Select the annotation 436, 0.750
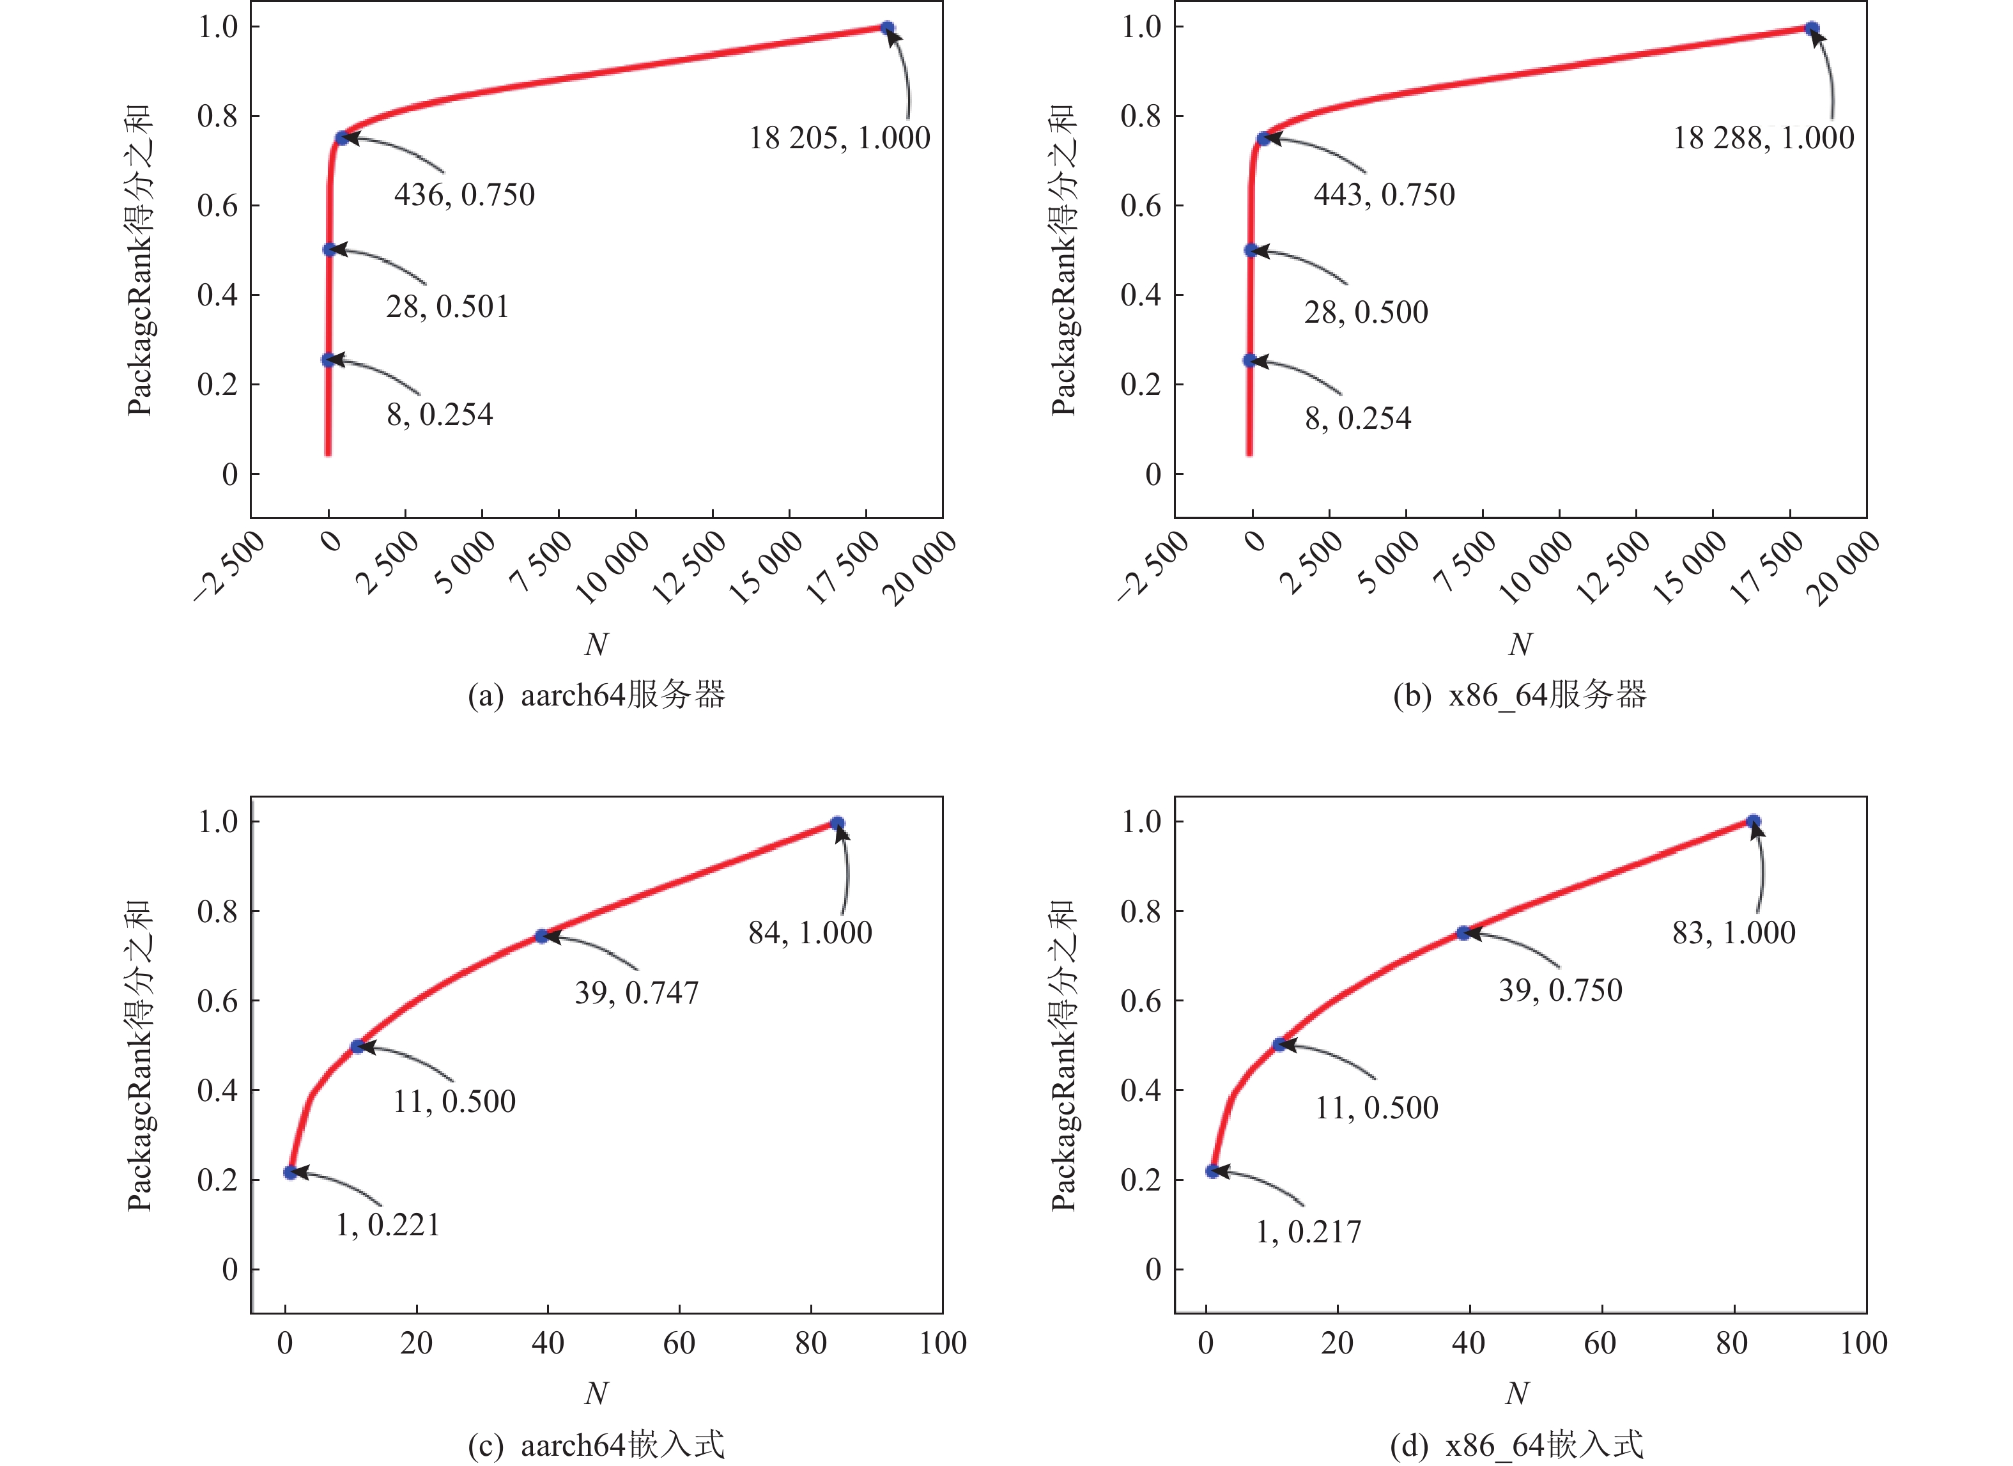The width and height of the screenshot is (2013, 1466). point(464,194)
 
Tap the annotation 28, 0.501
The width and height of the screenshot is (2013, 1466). point(447,307)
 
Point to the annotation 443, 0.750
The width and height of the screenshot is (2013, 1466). point(1384,194)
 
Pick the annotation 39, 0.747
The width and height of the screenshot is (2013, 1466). point(636,992)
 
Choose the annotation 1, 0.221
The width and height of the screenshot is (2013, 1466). point(388,1224)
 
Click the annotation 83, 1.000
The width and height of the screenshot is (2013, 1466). point(1733,932)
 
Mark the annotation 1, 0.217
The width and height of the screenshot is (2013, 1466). point(1308,1231)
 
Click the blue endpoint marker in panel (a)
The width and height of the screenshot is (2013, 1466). point(887,28)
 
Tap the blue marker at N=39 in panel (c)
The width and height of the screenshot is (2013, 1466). point(541,936)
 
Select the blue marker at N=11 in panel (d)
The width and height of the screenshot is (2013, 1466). point(1279,1044)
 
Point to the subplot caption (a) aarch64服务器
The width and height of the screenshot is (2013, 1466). point(596,695)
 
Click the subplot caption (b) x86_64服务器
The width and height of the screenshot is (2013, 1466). point(1520,695)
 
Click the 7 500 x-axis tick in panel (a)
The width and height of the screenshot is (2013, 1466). point(541,561)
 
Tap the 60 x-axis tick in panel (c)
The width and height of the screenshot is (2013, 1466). point(679,1343)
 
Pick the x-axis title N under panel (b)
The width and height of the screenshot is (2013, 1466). point(1520,644)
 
